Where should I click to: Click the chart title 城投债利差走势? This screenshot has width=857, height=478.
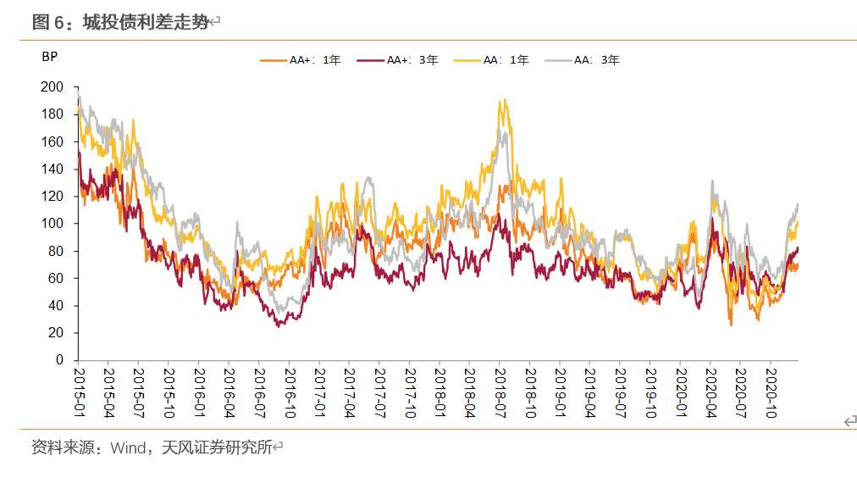coord(145,23)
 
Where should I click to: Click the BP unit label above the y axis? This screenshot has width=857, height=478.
coord(49,58)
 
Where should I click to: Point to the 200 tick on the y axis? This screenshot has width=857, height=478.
coord(53,86)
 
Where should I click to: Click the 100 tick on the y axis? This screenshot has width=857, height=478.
coord(53,224)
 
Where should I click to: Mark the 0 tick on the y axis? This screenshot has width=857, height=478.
coord(60,360)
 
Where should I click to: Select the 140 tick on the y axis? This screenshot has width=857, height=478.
coord(53,169)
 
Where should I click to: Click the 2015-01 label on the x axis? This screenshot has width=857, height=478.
coord(78,387)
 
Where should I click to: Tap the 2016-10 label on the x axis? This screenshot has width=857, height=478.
coord(289,387)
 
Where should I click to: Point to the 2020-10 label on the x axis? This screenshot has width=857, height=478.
coord(769,387)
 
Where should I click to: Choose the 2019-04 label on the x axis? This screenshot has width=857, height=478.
coord(589,387)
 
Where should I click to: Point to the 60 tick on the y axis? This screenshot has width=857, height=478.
coord(56,278)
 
